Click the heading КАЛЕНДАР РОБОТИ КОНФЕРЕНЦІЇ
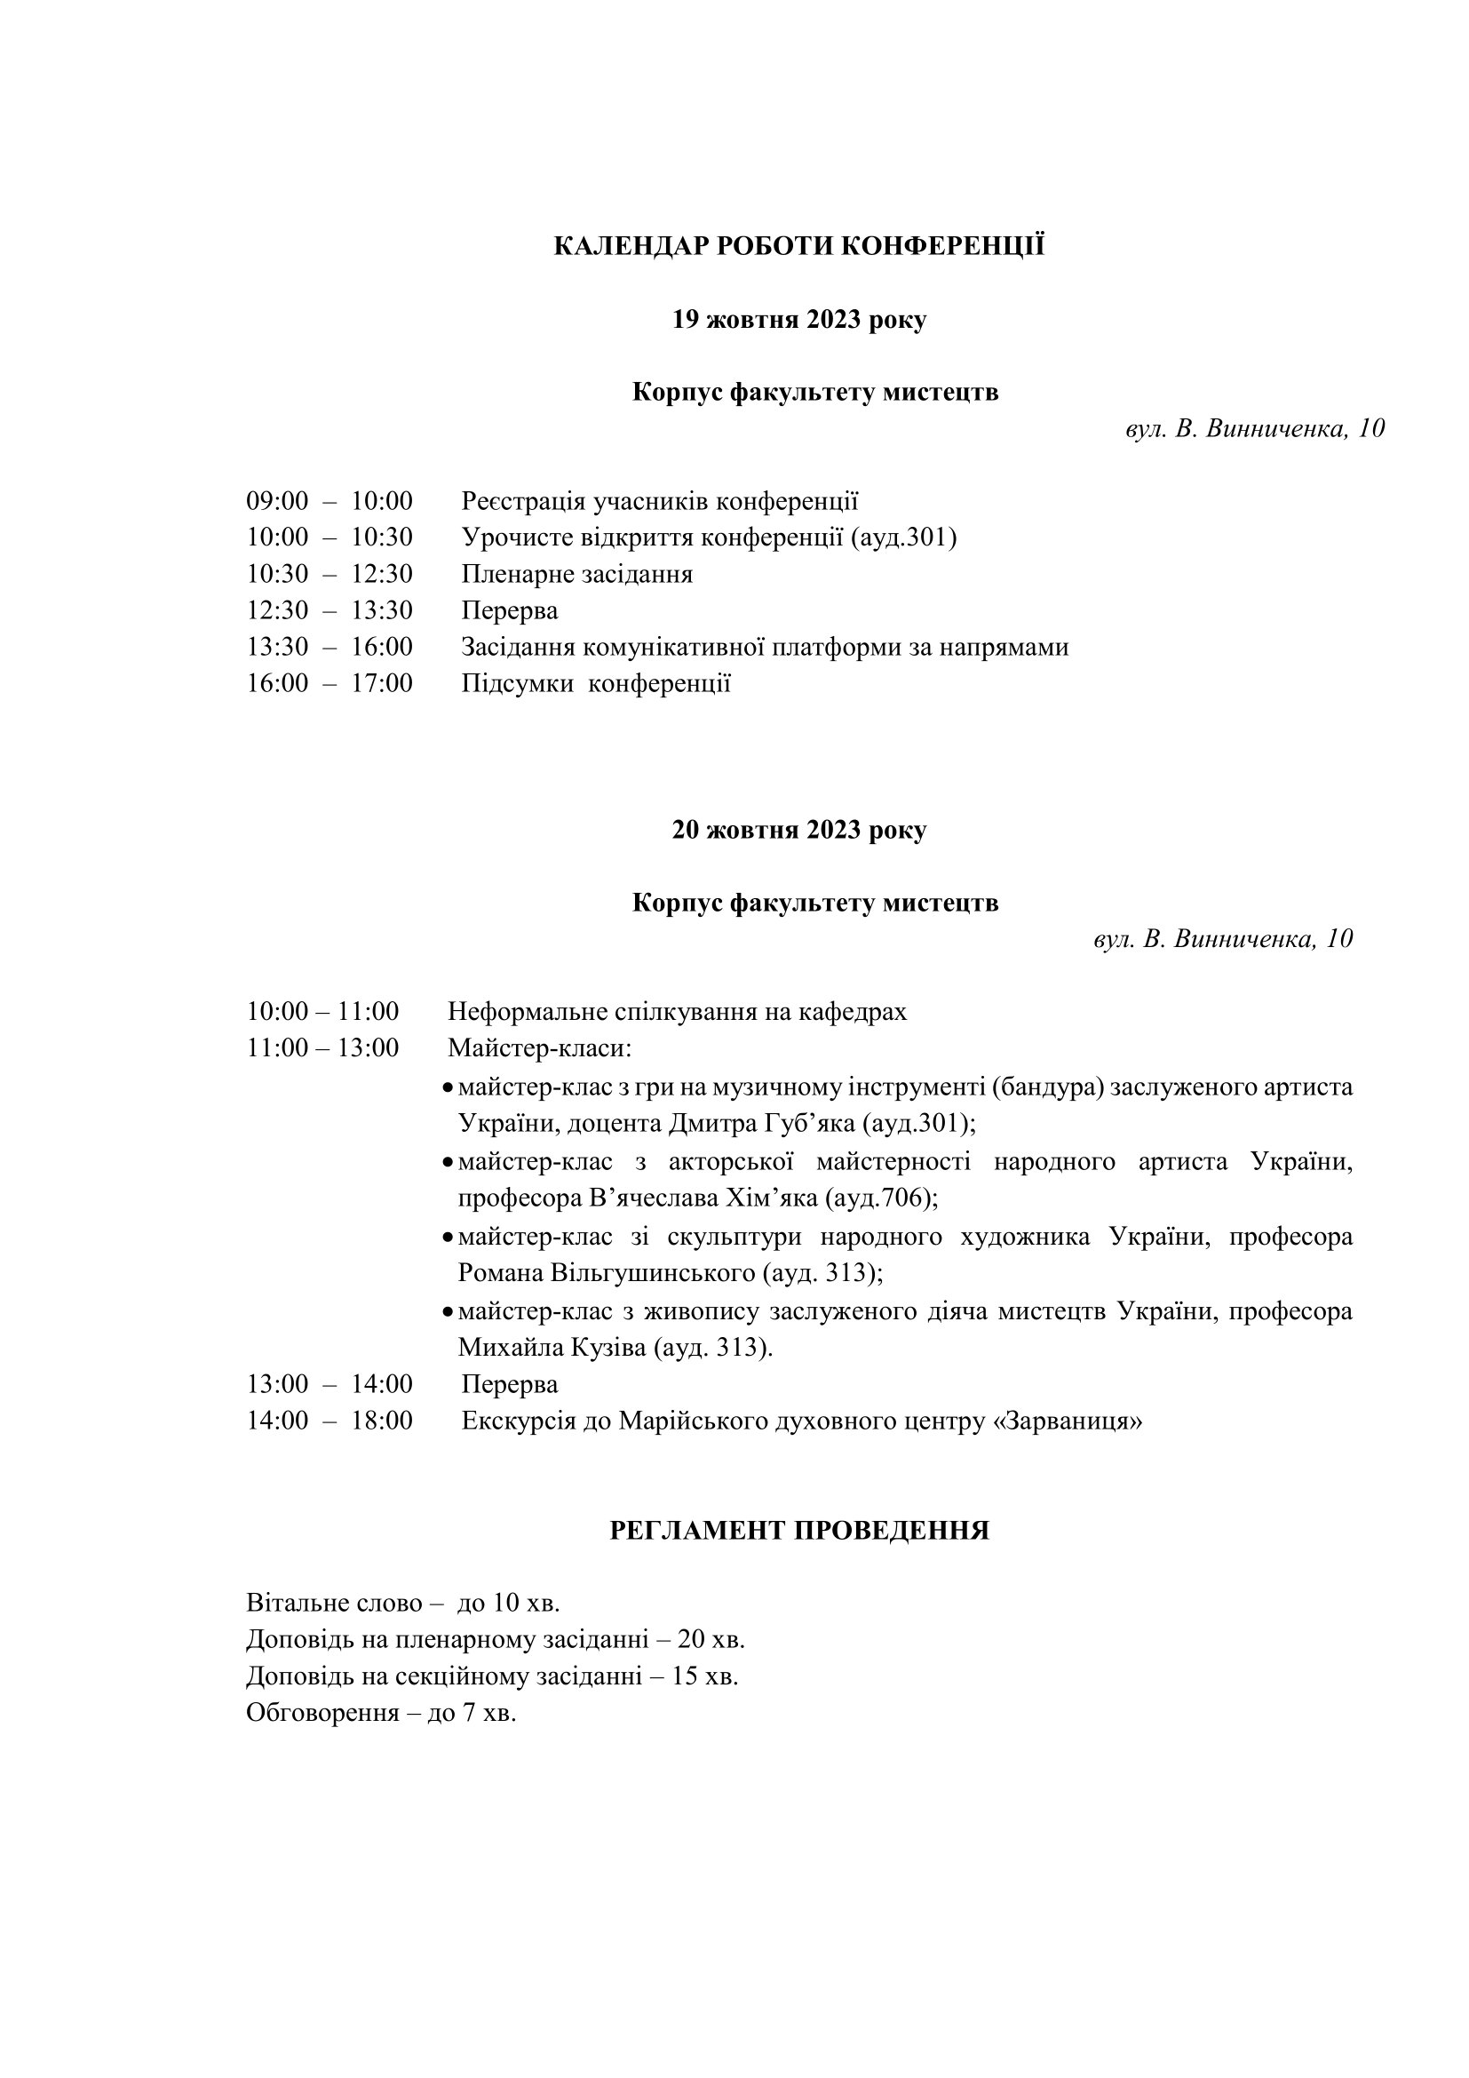798,246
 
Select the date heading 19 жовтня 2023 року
798,321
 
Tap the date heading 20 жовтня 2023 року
798,831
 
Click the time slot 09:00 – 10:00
330,501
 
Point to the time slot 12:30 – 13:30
330,611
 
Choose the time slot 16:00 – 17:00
330,683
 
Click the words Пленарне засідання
577,575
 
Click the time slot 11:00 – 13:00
323,1048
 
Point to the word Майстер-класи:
539,1049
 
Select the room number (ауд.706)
880,1198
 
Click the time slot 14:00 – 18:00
330,1421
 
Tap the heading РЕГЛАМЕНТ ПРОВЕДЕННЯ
798,1531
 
